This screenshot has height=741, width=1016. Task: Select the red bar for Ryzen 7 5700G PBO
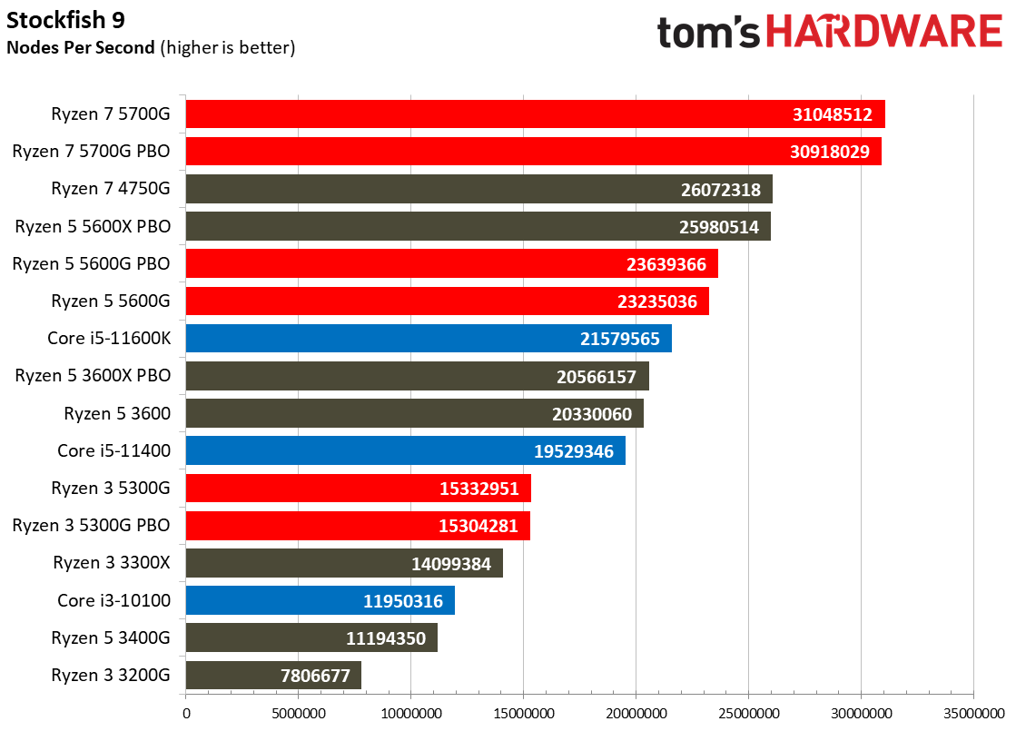click(533, 152)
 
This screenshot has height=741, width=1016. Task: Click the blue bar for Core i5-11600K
click(429, 339)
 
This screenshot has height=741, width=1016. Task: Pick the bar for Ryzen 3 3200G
click(273, 675)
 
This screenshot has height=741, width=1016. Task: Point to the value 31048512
click(831, 114)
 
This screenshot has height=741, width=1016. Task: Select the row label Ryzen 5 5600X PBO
click(92, 226)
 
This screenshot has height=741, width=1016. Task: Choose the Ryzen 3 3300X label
click(112, 563)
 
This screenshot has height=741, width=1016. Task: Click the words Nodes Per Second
click(81, 47)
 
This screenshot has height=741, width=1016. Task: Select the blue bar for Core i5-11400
click(405, 450)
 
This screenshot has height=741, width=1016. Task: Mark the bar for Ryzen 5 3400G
click(311, 637)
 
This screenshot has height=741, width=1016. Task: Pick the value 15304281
click(478, 526)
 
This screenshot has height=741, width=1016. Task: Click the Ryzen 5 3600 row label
click(117, 413)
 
